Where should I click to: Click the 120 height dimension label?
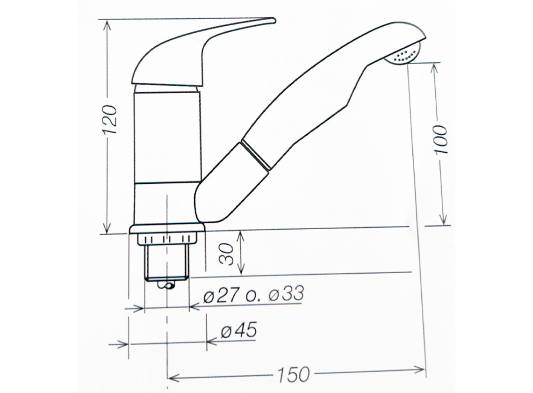(110, 119)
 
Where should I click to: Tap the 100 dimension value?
(441, 139)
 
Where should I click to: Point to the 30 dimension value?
(227, 254)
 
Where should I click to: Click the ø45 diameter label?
(238, 330)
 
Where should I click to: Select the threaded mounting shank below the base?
(166, 262)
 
